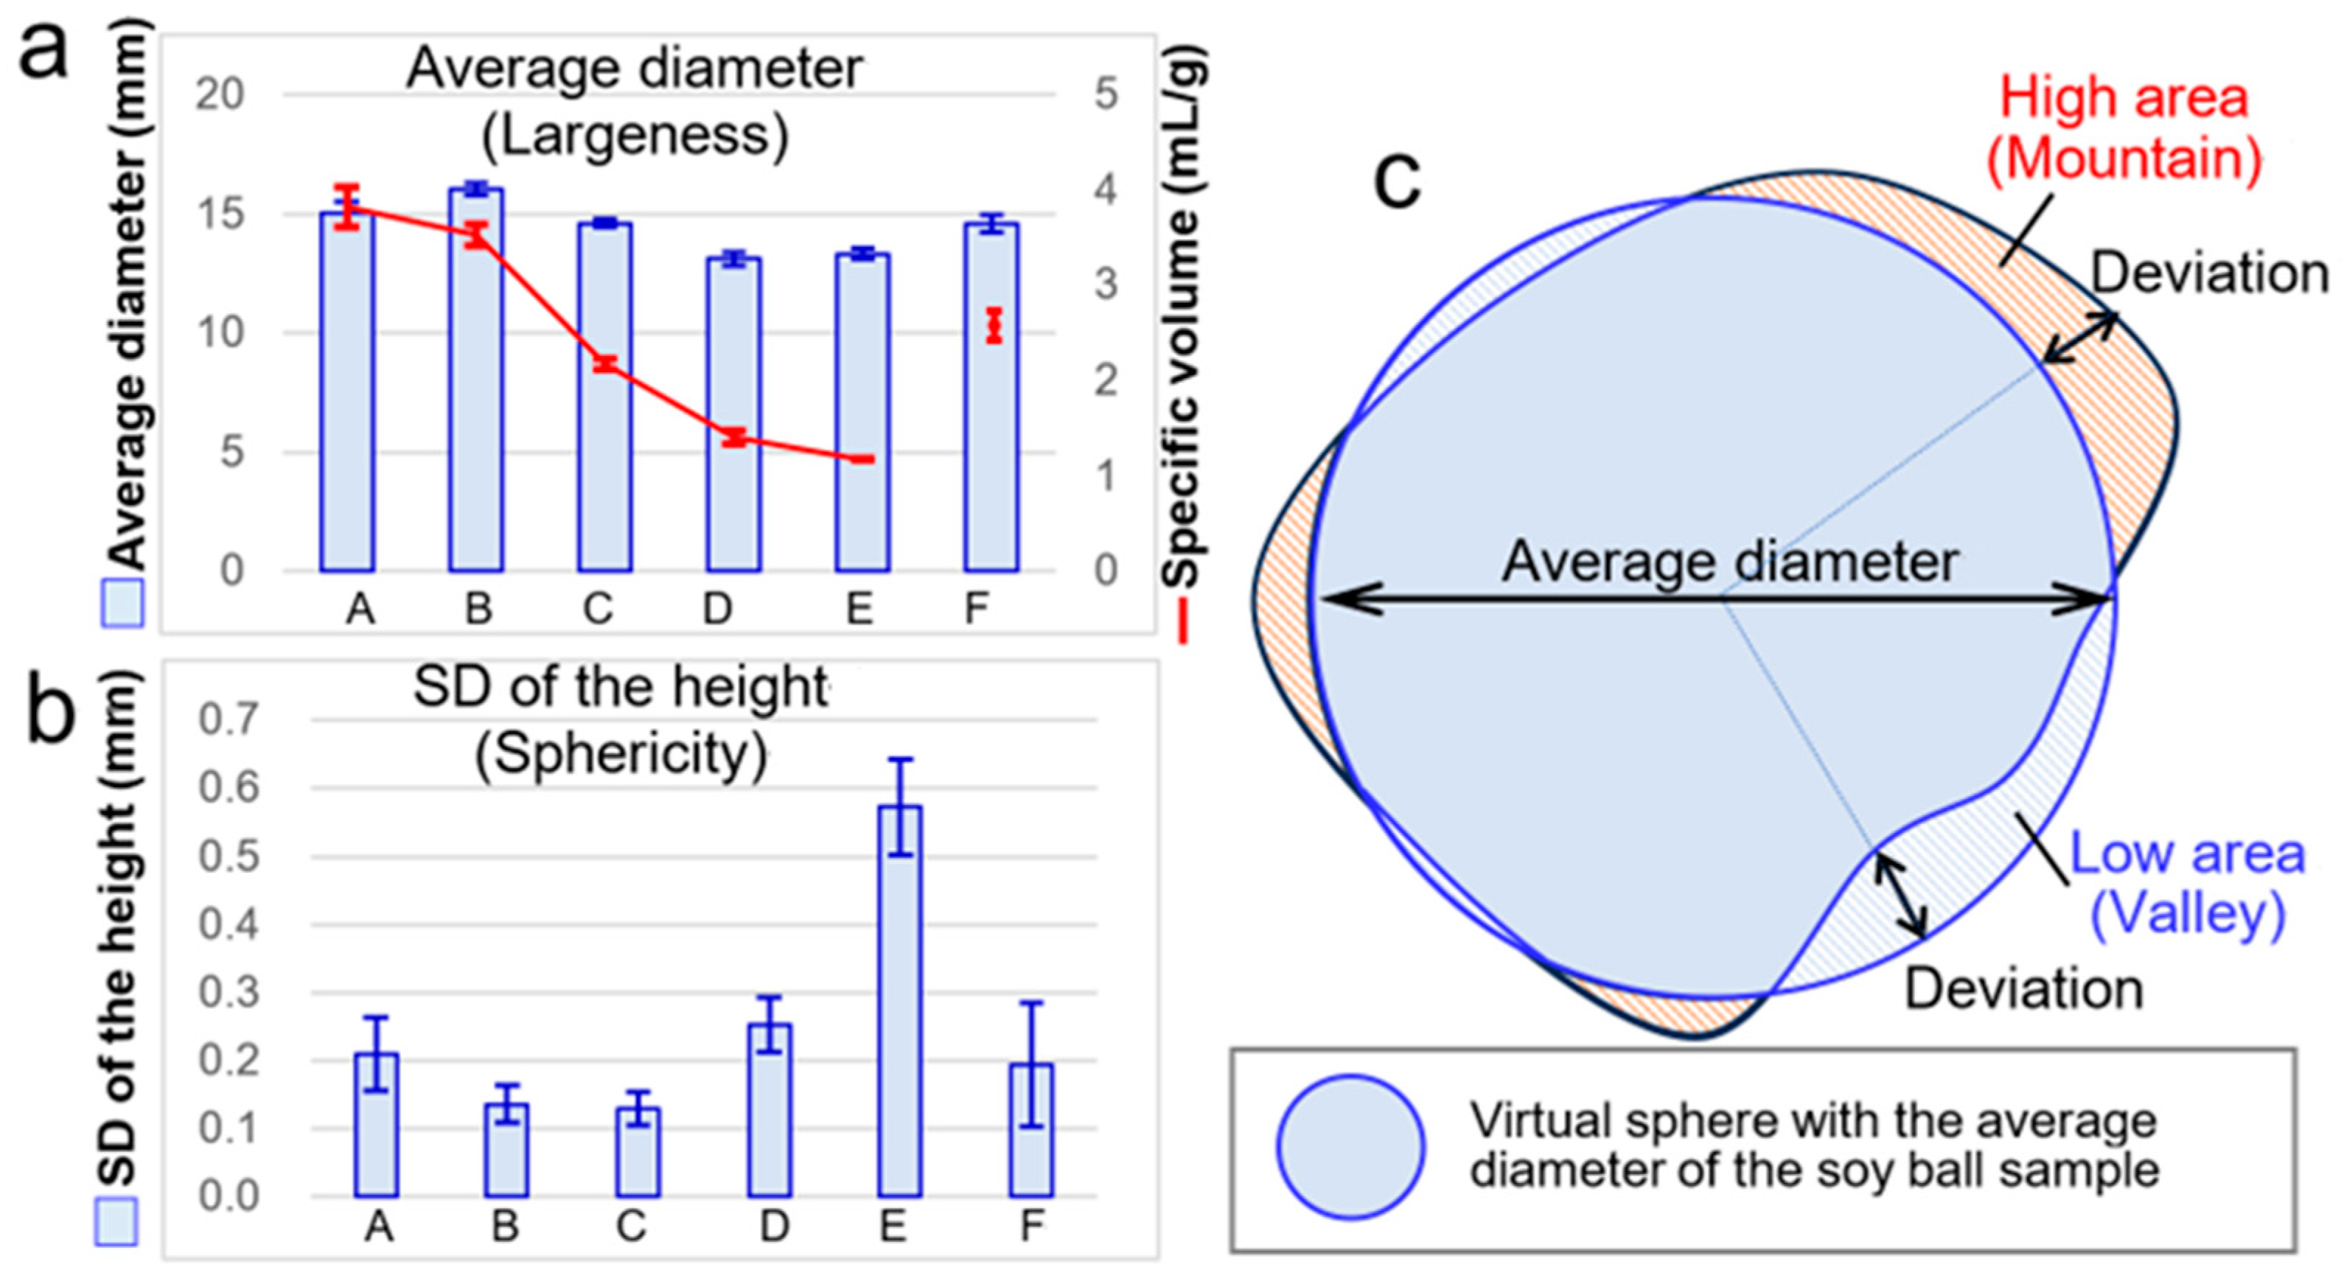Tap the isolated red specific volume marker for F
[994, 325]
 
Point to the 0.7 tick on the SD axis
[229, 720]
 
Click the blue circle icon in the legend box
[1350, 1146]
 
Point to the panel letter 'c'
[1397, 180]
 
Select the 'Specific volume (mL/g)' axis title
[1185, 319]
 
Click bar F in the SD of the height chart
[1030, 1130]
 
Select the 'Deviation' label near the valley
[2023, 989]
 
